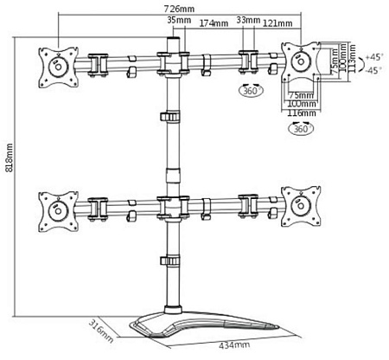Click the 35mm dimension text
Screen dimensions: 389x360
(x=181, y=20)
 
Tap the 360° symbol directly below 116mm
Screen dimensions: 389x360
(x=302, y=130)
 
